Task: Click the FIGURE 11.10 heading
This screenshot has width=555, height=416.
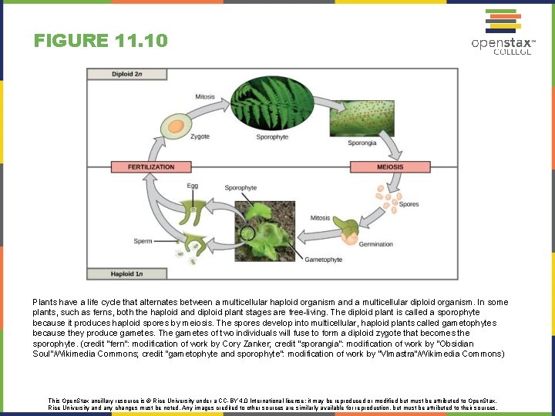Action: pos(100,40)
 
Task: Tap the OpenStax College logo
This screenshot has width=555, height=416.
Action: pos(503,32)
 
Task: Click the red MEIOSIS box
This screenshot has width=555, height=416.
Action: pos(390,166)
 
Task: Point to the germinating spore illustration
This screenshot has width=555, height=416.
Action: pos(347,230)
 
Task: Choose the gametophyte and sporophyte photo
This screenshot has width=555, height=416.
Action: pos(265,230)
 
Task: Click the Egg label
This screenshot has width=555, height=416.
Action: pos(192,186)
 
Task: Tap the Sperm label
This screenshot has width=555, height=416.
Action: pos(143,241)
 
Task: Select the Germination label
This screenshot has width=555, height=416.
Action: pos(375,244)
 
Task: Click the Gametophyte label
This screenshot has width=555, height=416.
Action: pos(323,260)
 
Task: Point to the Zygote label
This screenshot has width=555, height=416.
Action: pos(200,136)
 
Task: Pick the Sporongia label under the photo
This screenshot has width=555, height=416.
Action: pos(362,143)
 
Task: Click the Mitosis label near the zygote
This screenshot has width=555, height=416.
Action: pos(205,97)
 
